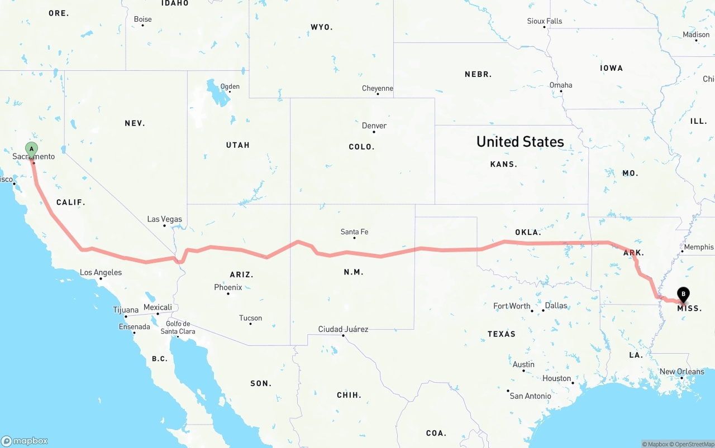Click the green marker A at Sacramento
click(x=32, y=149)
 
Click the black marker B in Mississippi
click(x=683, y=294)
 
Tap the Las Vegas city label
click(x=164, y=219)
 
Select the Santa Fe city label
click(x=354, y=232)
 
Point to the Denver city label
click(x=374, y=126)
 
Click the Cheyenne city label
click(x=378, y=88)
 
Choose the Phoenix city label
click(x=228, y=287)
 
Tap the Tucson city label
click(x=250, y=318)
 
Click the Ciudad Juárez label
click(x=343, y=329)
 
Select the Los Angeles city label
click(x=101, y=273)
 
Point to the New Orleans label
click(x=682, y=372)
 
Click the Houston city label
click(x=556, y=378)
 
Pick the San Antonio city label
click(x=530, y=396)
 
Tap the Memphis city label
click(x=698, y=247)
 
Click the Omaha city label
click(x=561, y=85)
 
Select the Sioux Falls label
click(x=545, y=21)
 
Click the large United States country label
click(x=520, y=142)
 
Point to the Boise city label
click(x=142, y=19)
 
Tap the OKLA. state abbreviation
click(x=527, y=232)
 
